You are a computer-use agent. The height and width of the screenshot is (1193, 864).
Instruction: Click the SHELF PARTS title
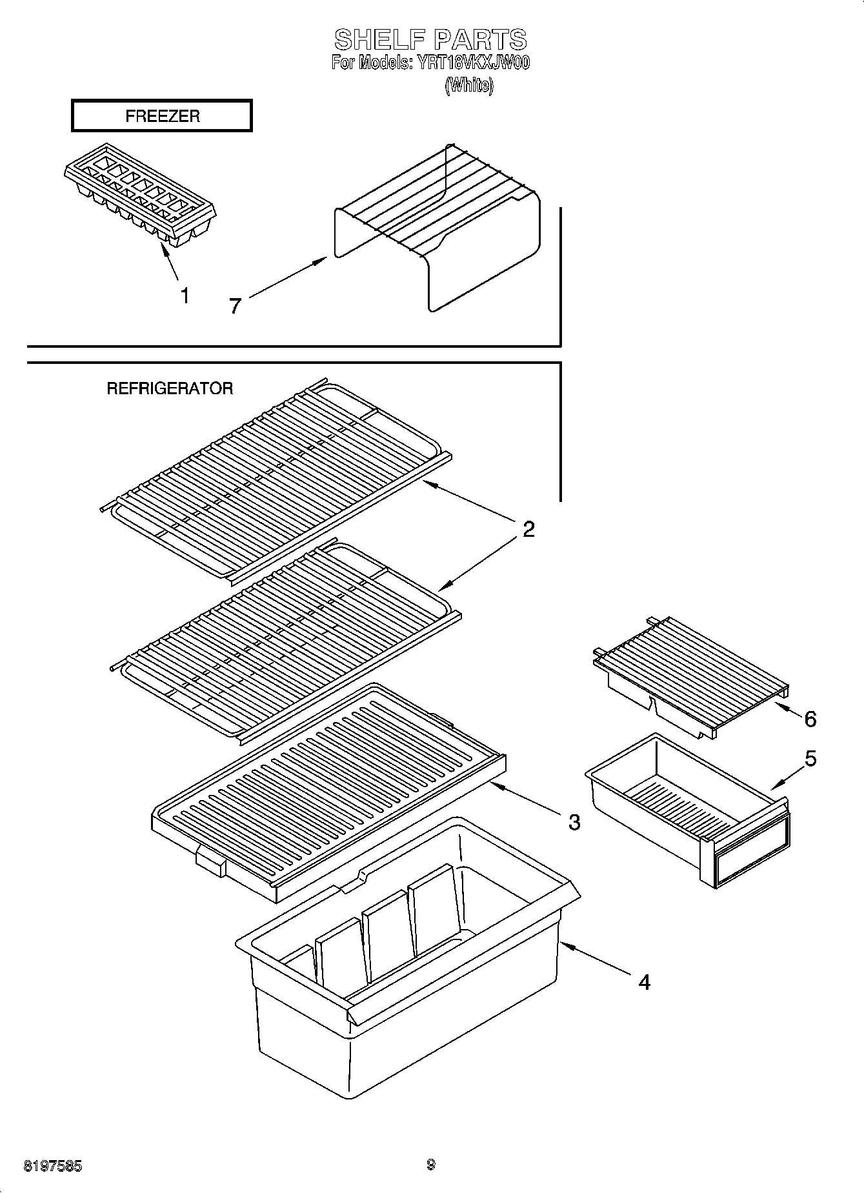(x=430, y=40)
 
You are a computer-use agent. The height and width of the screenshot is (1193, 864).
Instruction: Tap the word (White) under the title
(x=469, y=85)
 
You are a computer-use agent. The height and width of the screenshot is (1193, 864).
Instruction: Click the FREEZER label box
(x=161, y=116)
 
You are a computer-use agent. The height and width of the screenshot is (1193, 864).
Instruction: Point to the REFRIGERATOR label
(x=170, y=388)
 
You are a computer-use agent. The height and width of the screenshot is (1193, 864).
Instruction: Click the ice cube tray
(x=140, y=194)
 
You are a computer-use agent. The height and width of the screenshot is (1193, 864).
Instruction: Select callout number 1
(x=185, y=296)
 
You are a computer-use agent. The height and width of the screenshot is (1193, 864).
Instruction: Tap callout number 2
(x=528, y=530)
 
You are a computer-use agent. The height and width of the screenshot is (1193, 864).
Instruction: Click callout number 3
(x=574, y=822)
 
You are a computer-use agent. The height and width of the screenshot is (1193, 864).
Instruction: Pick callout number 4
(x=644, y=982)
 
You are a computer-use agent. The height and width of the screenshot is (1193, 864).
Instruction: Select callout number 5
(x=810, y=759)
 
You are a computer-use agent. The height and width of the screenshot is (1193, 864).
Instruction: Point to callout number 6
(x=810, y=718)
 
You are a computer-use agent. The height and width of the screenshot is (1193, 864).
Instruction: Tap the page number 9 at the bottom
(x=430, y=1165)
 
